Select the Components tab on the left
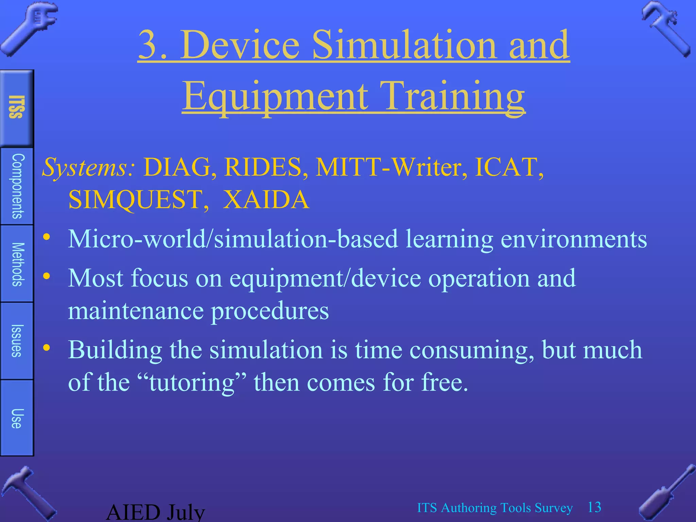[17, 186]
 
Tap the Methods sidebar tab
[17, 264]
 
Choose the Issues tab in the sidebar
[17, 341]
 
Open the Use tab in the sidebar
[17, 418]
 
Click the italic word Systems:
[88, 167]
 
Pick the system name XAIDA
[266, 199]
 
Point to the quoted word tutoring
[192, 382]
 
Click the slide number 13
[594, 507]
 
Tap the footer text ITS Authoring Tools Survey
[495, 508]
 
